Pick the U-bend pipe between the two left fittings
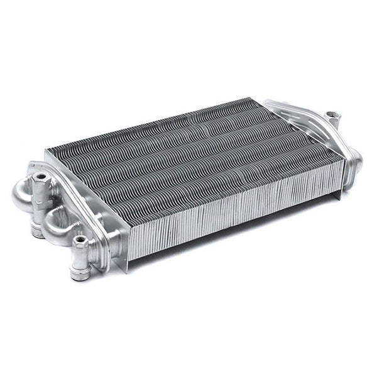click(x=57, y=217)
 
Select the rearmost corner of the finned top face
click(x=251, y=99)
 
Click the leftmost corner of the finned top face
click(x=47, y=151)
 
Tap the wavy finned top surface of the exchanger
click(x=188, y=157)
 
